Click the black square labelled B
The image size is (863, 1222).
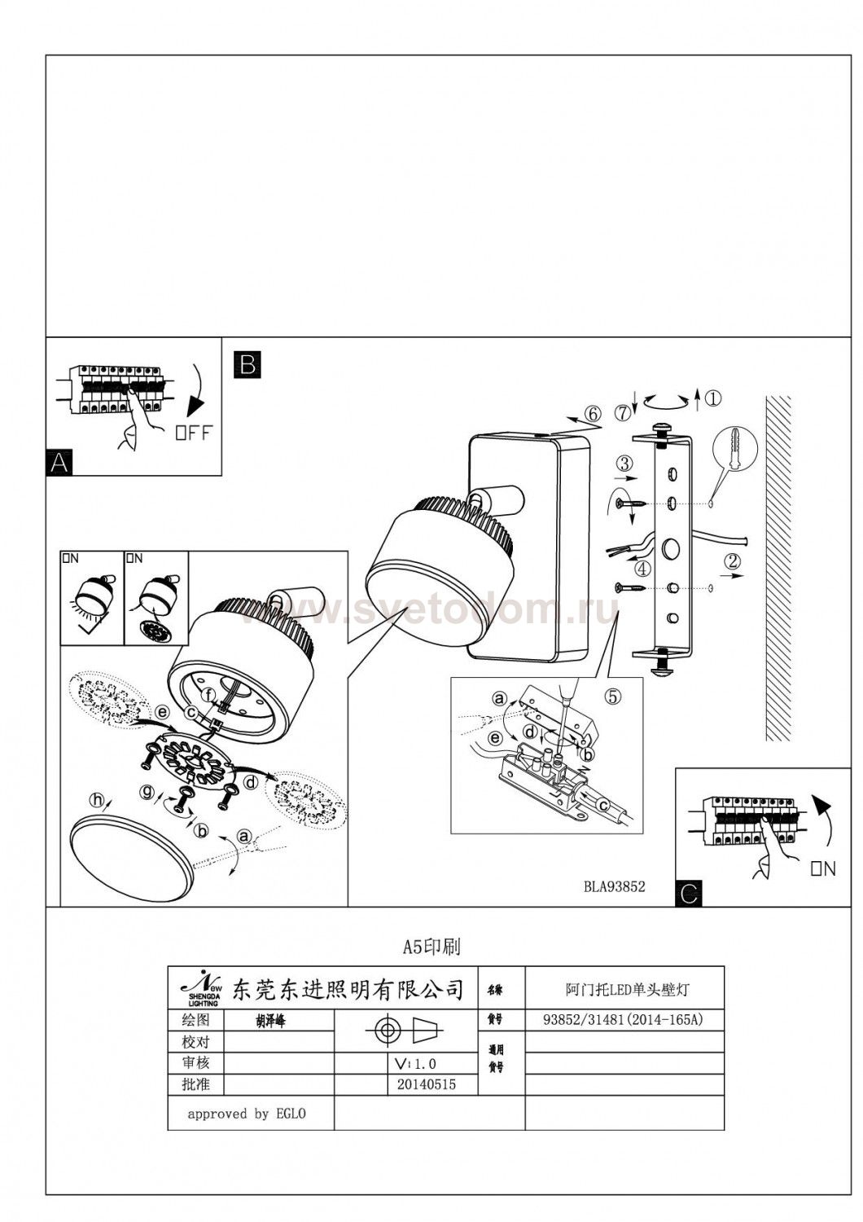pyautogui.click(x=247, y=363)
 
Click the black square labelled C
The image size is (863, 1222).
pyautogui.click(x=688, y=895)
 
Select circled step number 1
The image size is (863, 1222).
pyautogui.click(x=712, y=398)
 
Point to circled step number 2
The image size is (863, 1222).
pyautogui.click(x=733, y=560)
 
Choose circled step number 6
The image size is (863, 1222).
pyautogui.click(x=593, y=414)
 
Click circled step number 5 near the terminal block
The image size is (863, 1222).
pyautogui.click(x=613, y=697)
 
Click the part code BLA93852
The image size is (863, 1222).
pyautogui.click(x=614, y=886)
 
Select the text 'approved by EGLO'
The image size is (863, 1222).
pyautogui.click(x=247, y=1114)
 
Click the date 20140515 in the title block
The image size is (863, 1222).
pyautogui.click(x=427, y=1084)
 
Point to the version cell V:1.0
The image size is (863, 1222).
pyautogui.click(x=415, y=1063)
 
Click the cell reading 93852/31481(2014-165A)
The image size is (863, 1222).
pyautogui.click(x=623, y=1019)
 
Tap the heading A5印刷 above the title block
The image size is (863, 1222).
pyautogui.click(x=431, y=947)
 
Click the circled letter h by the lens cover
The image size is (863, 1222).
pyautogui.click(x=99, y=801)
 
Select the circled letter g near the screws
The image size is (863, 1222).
pyautogui.click(x=147, y=789)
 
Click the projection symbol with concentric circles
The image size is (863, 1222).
pyautogui.click(x=388, y=1031)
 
